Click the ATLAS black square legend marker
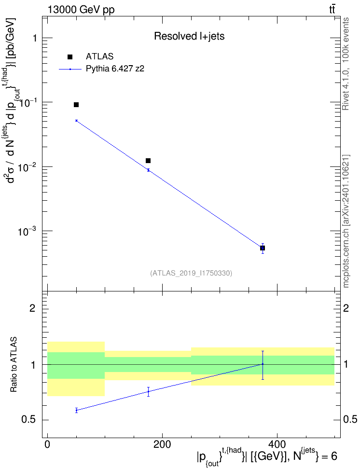70,57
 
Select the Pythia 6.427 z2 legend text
115,69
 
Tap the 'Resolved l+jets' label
189,36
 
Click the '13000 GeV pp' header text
81,10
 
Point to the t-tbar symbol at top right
332,9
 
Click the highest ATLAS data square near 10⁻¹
76,105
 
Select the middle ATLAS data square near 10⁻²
148,161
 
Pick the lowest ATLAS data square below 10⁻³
263,248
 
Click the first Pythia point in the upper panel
76,121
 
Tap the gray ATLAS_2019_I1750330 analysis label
191,273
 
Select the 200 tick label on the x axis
162,444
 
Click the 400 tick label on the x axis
277,444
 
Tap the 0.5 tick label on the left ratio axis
28,420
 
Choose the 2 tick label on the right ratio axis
346,308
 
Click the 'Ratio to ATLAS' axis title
14,365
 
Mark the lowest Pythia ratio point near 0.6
76,410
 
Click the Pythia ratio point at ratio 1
263,364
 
